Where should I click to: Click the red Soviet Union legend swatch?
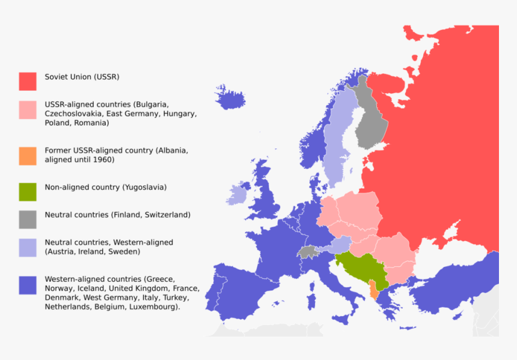pos(28,81)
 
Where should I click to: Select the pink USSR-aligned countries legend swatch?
pos(28,110)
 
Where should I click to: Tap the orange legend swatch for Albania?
pos(28,156)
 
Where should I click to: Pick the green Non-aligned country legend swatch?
pos(28,192)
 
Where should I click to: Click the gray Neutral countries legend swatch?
pos(28,219)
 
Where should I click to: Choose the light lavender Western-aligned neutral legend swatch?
pos(28,248)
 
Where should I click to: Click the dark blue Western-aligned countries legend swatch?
pos(28,285)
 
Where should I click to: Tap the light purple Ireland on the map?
pos(238,195)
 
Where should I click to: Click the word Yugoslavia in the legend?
pos(143,188)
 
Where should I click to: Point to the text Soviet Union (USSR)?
pos(82,77)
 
